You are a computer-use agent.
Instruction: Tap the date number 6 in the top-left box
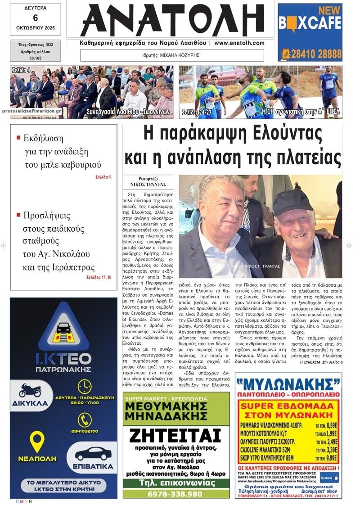click(35, 18)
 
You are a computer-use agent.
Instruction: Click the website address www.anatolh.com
click(239, 43)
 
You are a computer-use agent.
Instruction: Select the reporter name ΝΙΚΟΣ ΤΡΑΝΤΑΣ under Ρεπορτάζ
click(148, 185)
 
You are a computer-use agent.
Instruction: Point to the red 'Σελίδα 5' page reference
click(103, 177)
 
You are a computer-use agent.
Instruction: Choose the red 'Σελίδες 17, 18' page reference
click(99, 277)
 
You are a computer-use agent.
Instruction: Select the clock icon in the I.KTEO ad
click(84, 387)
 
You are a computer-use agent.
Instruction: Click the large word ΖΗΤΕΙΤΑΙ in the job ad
click(176, 436)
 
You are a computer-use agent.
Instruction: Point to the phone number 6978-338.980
click(176, 494)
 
